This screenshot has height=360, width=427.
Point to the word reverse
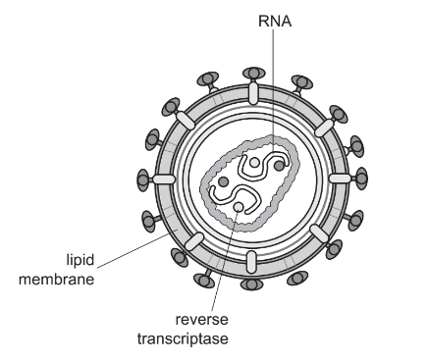click(201, 321)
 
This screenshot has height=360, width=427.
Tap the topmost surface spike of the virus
click(253, 73)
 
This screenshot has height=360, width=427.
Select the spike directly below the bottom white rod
click(253, 283)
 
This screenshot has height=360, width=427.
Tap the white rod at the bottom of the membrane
click(253, 262)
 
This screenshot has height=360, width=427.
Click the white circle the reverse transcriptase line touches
click(239, 207)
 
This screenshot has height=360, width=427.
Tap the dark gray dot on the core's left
click(224, 182)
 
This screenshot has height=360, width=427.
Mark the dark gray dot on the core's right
click(280, 167)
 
